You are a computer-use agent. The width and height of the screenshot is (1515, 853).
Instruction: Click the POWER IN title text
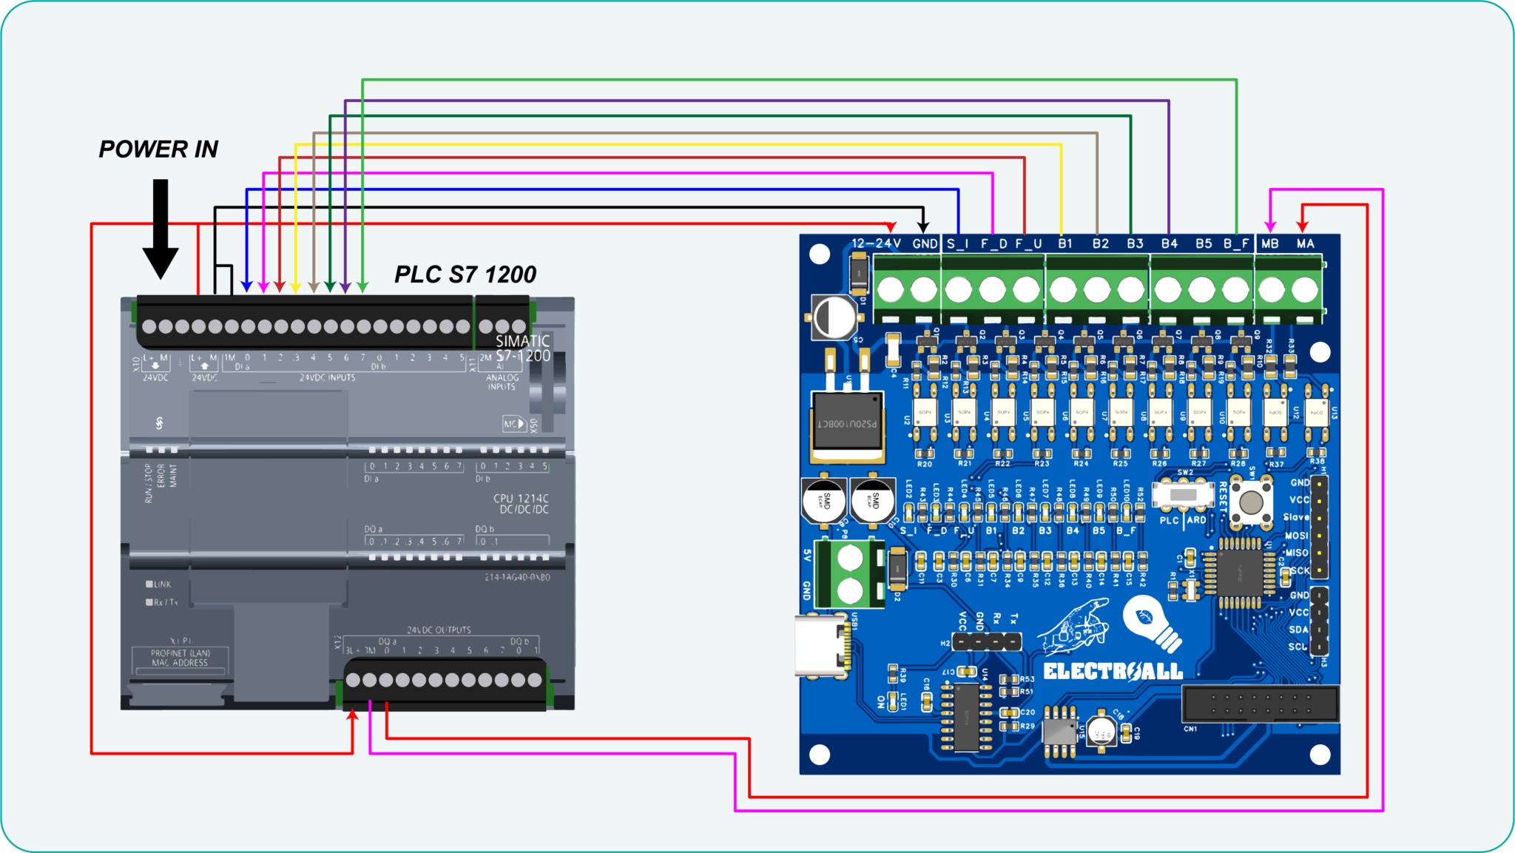pos(158,149)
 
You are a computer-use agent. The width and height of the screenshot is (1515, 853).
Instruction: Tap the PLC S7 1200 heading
pos(465,275)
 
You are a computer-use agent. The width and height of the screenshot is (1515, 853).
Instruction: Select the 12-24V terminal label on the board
pos(876,243)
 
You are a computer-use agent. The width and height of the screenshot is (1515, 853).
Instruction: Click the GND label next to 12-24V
pos(925,243)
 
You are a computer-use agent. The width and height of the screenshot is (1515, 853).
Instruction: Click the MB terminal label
pos(1270,243)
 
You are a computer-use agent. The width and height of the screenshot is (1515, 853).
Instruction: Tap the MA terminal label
pos(1305,243)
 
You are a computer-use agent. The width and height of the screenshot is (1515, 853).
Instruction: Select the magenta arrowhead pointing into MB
pos(1270,226)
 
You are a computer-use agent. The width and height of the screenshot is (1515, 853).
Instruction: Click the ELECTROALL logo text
pos(1113,672)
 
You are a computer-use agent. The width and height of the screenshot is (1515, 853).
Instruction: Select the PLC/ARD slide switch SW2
pos(1184,494)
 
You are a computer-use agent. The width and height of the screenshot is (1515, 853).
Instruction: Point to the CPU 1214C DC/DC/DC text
pos(522,504)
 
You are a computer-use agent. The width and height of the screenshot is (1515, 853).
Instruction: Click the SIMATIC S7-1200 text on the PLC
pos(523,348)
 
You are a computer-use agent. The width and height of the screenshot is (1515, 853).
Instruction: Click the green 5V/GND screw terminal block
pos(850,573)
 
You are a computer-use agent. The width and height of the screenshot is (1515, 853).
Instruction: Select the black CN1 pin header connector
pos(1260,704)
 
